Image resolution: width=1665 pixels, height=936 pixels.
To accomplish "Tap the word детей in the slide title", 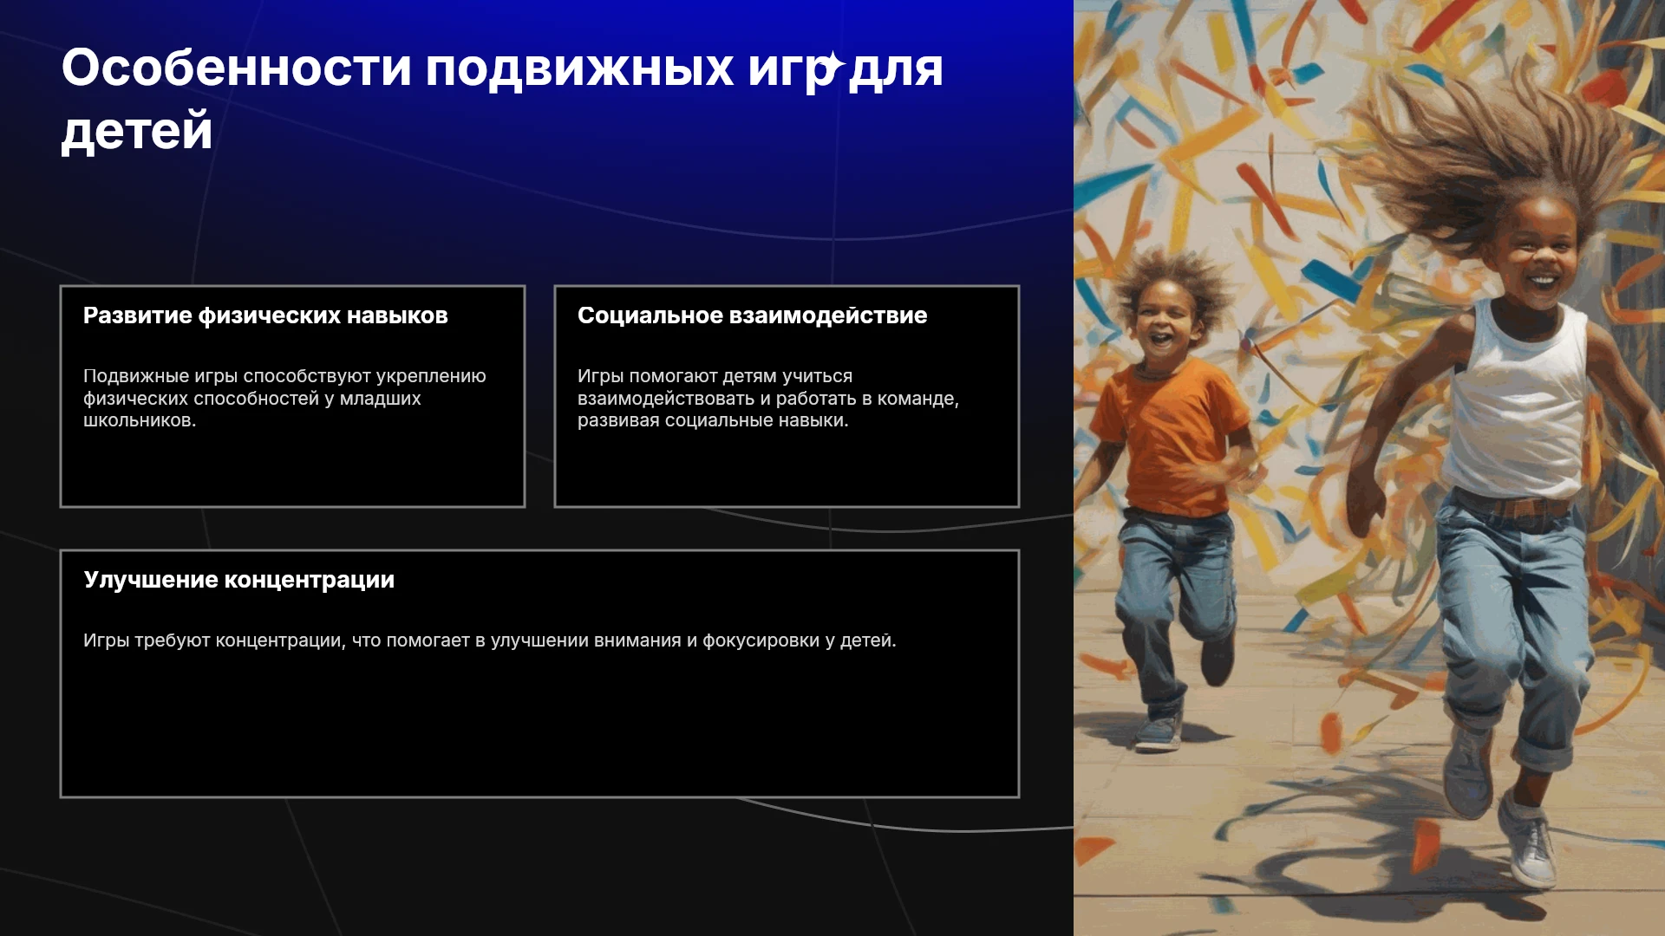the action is pyautogui.click(x=137, y=132).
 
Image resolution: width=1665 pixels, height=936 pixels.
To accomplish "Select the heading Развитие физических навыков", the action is pyautogui.click(x=265, y=315).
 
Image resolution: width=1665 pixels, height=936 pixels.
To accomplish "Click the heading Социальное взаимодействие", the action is pyautogui.click(x=752, y=315).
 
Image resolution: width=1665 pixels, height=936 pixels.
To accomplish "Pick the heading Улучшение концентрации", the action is pyautogui.click(x=238, y=580).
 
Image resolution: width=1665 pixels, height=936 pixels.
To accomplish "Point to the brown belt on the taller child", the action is pyautogui.click(x=1513, y=504).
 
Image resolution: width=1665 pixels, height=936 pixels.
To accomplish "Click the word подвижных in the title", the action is pyautogui.click(x=579, y=69).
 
